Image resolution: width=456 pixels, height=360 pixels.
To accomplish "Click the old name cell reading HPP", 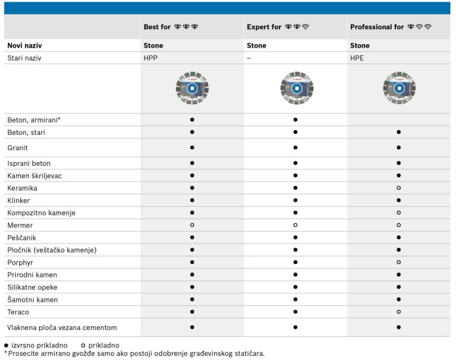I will click(x=151, y=58).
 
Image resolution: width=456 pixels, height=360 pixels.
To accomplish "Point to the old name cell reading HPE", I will click(x=357, y=58).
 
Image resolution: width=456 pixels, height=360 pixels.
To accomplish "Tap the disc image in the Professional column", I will click(x=399, y=88).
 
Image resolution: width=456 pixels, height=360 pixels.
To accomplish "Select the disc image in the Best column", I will click(x=192, y=88).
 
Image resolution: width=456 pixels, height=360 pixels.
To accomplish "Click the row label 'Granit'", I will click(x=18, y=148).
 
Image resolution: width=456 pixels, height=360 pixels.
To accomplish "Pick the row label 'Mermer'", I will click(x=20, y=225).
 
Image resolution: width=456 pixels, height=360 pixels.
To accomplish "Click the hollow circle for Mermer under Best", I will click(x=192, y=225).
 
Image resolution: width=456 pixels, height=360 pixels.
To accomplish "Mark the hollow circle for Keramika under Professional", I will click(x=399, y=188).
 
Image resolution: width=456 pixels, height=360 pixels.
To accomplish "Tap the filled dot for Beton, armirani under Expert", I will click(x=295, y=119).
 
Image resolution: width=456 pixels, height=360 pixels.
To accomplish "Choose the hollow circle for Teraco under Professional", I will click(x=399, y=312).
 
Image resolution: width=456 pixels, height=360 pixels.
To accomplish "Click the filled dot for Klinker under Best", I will click(x=192, y=200).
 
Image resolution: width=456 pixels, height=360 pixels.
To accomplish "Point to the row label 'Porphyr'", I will click(x=20, y=263).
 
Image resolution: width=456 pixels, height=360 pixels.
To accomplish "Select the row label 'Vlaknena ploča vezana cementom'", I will click(x=62, y=328).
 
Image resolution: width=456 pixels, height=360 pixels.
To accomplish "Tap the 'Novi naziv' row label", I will click(x=24, y=46).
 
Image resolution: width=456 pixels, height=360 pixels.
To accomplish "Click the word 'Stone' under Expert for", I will click(x=256, y=46).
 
